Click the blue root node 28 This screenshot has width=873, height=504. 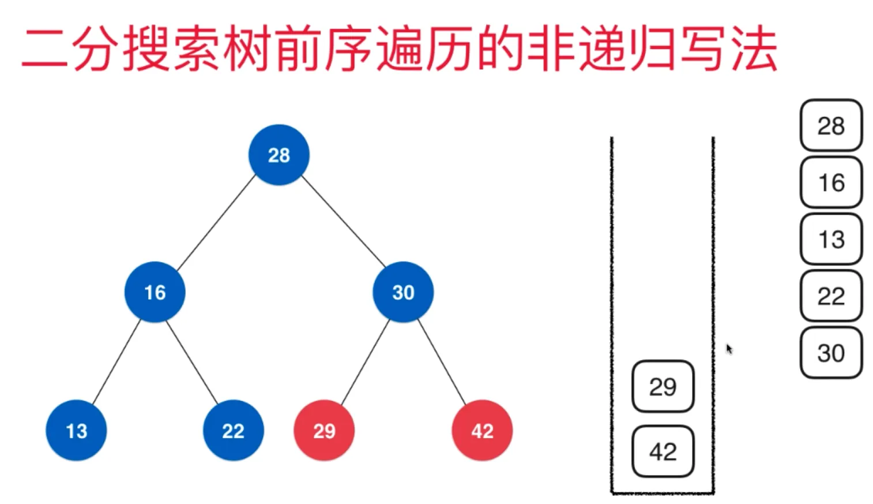[279, 155]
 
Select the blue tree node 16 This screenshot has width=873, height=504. [155, 292]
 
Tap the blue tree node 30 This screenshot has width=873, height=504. [402, 292]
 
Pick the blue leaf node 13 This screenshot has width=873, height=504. [76, 430]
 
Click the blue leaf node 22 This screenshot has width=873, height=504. [233, 430]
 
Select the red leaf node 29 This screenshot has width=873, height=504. [324, 430]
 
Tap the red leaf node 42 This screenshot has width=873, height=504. [482, 430]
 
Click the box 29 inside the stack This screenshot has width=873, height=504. [663, 386]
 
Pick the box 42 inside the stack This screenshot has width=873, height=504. [663, 451]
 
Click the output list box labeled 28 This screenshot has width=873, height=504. [831, 125]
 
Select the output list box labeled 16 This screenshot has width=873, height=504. [831, 182]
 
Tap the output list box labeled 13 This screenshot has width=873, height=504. [831, 239]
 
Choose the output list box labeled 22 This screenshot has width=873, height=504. [831, 296]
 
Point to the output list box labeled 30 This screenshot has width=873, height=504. [831, 352]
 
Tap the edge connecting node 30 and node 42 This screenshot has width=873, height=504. [442, 361]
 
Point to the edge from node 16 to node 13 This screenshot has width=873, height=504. [116, 361]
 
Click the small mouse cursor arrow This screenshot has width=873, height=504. [729, 348]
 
